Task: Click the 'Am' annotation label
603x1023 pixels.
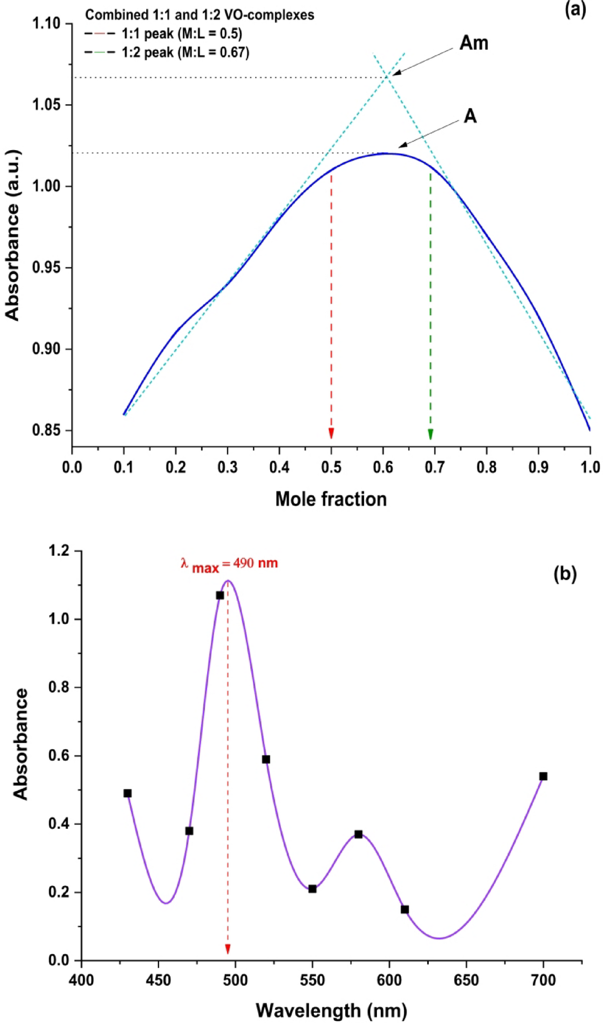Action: point(473,43)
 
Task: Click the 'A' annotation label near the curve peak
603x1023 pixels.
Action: point(470,116)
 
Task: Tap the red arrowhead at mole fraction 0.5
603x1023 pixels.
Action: point(331,433)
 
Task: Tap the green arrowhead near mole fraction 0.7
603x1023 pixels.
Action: point(430,435)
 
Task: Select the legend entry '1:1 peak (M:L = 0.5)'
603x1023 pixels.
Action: point(181,33)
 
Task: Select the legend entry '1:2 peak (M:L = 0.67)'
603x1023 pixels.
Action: point(185,52)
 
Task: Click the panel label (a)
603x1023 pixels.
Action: point(575,9)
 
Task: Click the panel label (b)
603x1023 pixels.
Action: point(564,573)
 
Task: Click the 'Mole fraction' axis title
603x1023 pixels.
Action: point(331,499)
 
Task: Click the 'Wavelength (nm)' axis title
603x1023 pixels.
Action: point(331,1010)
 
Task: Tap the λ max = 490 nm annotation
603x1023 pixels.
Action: point(229,564)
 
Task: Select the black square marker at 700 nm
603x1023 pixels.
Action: point(543,776)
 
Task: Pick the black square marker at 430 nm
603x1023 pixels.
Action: point(127,793)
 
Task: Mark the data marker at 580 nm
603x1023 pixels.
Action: point(358,834)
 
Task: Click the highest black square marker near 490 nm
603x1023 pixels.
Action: point(220,596)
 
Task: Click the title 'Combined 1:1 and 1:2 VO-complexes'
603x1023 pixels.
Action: point(199,15)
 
